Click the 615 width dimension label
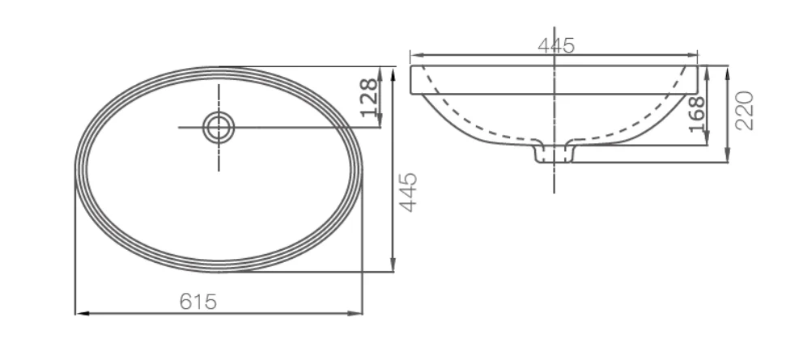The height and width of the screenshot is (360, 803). point(198,302)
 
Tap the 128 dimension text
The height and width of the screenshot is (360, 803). point(370,98)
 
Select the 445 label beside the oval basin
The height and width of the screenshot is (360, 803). point(408,192)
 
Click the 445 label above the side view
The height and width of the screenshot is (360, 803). point(556,45)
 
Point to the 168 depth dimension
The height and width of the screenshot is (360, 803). point(696,114)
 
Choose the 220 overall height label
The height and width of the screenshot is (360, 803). point(746,111)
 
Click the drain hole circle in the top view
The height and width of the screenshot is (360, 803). point(219,128)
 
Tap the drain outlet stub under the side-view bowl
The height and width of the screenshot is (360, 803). point(554,153)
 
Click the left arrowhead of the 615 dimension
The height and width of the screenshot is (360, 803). point(82,313)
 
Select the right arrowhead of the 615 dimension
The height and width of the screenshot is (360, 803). point(355,313)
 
